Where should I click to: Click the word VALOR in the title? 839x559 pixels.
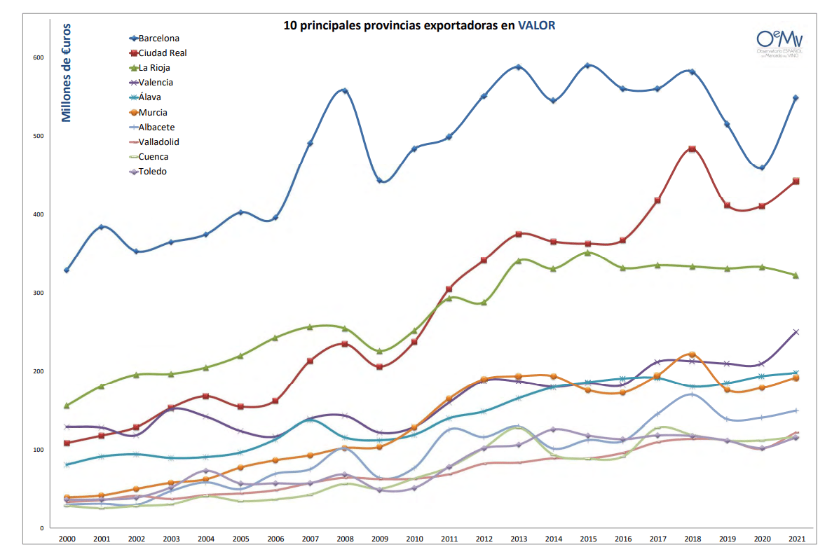(536, 25)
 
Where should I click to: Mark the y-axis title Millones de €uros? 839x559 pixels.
(67, 72)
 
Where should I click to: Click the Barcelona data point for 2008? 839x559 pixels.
(344, 90)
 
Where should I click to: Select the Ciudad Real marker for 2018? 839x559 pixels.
(692, 149)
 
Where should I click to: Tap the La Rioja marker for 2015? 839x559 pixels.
(587, 253)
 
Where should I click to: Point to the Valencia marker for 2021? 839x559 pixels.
(796, 332)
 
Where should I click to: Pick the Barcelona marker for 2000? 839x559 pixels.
(67, 270)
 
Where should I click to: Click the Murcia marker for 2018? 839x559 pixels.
(692, 354)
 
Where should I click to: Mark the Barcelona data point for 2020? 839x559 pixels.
(761, 167)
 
